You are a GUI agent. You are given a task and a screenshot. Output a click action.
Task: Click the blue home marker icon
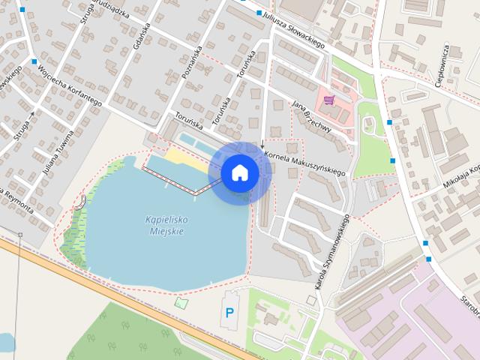click(239, 173)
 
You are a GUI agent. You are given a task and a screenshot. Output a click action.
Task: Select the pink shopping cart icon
click(328, 99)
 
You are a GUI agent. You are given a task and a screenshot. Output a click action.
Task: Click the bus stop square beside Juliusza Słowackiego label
click(259, 13)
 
